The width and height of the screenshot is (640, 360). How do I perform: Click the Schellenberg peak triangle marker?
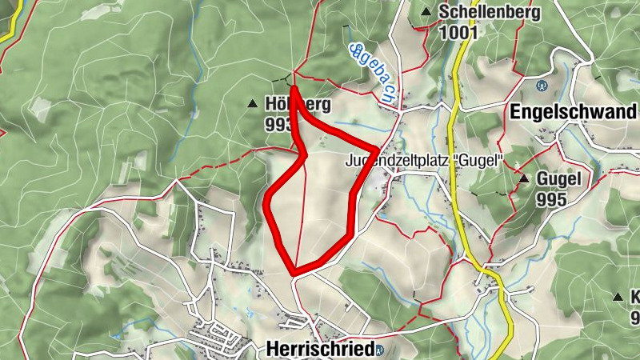point(426,12)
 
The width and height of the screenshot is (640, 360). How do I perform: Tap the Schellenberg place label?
point(490,13)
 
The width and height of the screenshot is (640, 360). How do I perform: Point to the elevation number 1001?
point(458,32)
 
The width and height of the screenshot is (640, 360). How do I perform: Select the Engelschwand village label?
point(571,112)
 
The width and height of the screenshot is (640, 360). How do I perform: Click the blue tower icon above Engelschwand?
point(542,85)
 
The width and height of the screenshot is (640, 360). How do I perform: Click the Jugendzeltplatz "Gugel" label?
point(423,160)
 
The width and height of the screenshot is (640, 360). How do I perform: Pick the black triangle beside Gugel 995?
point(523,178)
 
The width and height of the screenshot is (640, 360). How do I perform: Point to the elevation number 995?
point(551,199)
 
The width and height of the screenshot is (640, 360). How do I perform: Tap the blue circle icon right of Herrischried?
point(379,350)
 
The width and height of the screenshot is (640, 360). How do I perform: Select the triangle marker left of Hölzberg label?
point(253,104)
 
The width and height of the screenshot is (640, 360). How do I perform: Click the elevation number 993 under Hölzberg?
point(278,125)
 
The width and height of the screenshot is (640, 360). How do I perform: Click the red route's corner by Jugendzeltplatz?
point(377,150)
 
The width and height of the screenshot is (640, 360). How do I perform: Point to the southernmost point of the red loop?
point(296,272)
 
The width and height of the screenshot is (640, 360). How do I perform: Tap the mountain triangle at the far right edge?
point(618,297)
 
